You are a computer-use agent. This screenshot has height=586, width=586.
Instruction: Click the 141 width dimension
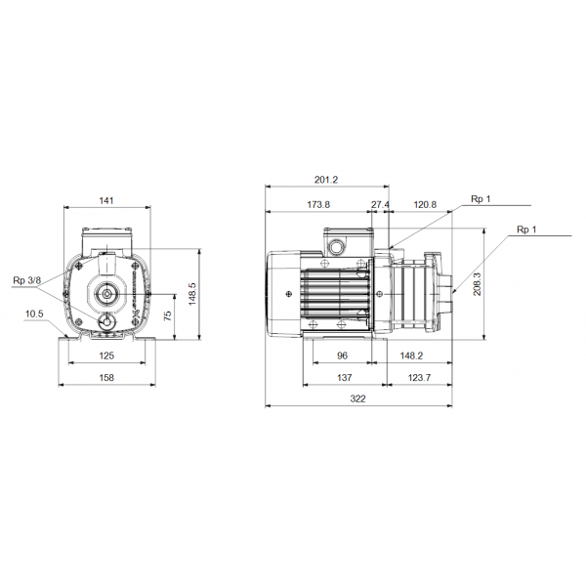coord(106,200)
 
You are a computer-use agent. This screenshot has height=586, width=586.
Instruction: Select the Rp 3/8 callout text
coord(26,281)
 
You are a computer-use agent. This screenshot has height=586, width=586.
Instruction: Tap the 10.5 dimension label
coord(34,314)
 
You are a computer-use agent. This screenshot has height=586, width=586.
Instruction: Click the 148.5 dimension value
coord(192,294)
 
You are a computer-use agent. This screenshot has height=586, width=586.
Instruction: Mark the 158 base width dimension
coord(106,377)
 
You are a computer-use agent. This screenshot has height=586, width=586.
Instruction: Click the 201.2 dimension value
coord(327,179)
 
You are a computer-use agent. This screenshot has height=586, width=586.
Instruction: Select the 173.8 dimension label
coord(318,204)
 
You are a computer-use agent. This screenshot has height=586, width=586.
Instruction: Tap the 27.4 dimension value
coord(380,204)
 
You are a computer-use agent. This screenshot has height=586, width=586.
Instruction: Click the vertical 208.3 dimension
coord(478,283)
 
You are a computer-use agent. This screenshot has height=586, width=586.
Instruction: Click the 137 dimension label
coord(343,377)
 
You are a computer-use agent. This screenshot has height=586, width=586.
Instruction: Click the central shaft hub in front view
coord(105,293)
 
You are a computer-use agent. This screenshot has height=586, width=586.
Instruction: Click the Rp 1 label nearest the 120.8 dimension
coord(481,199)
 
